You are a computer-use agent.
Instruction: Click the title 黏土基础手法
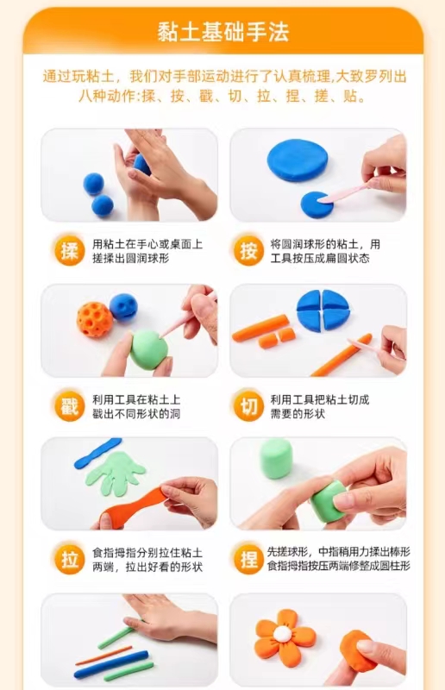(x=222, y=32)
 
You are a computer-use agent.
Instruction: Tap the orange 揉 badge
(x=70, y=251)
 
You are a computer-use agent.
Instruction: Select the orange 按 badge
(x=248, y=251)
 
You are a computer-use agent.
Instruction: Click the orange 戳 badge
(x=70, y=405)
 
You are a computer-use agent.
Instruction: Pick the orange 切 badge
(x=248, y=405)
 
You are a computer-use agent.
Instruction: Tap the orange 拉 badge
(x=70, y=560)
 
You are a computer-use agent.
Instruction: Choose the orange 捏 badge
(x=248, y=560)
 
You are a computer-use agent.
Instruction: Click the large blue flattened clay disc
(x=298, y=160)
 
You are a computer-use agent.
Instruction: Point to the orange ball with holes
(x=95, y=319)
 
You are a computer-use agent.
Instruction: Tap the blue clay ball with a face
(x=123, y=306)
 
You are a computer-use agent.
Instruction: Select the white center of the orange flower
(x=283, y=634)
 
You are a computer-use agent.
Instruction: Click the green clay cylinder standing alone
(x=276, y=459)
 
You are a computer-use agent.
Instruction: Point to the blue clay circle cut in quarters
(x=323, y=310)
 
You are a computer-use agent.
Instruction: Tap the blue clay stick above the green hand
(x=97, y=453)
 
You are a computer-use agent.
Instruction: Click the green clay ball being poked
(x=150, y=350)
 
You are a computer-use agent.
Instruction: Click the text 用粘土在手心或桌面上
(x=147, y=244)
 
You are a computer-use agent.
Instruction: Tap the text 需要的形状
(x=298, y=414)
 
